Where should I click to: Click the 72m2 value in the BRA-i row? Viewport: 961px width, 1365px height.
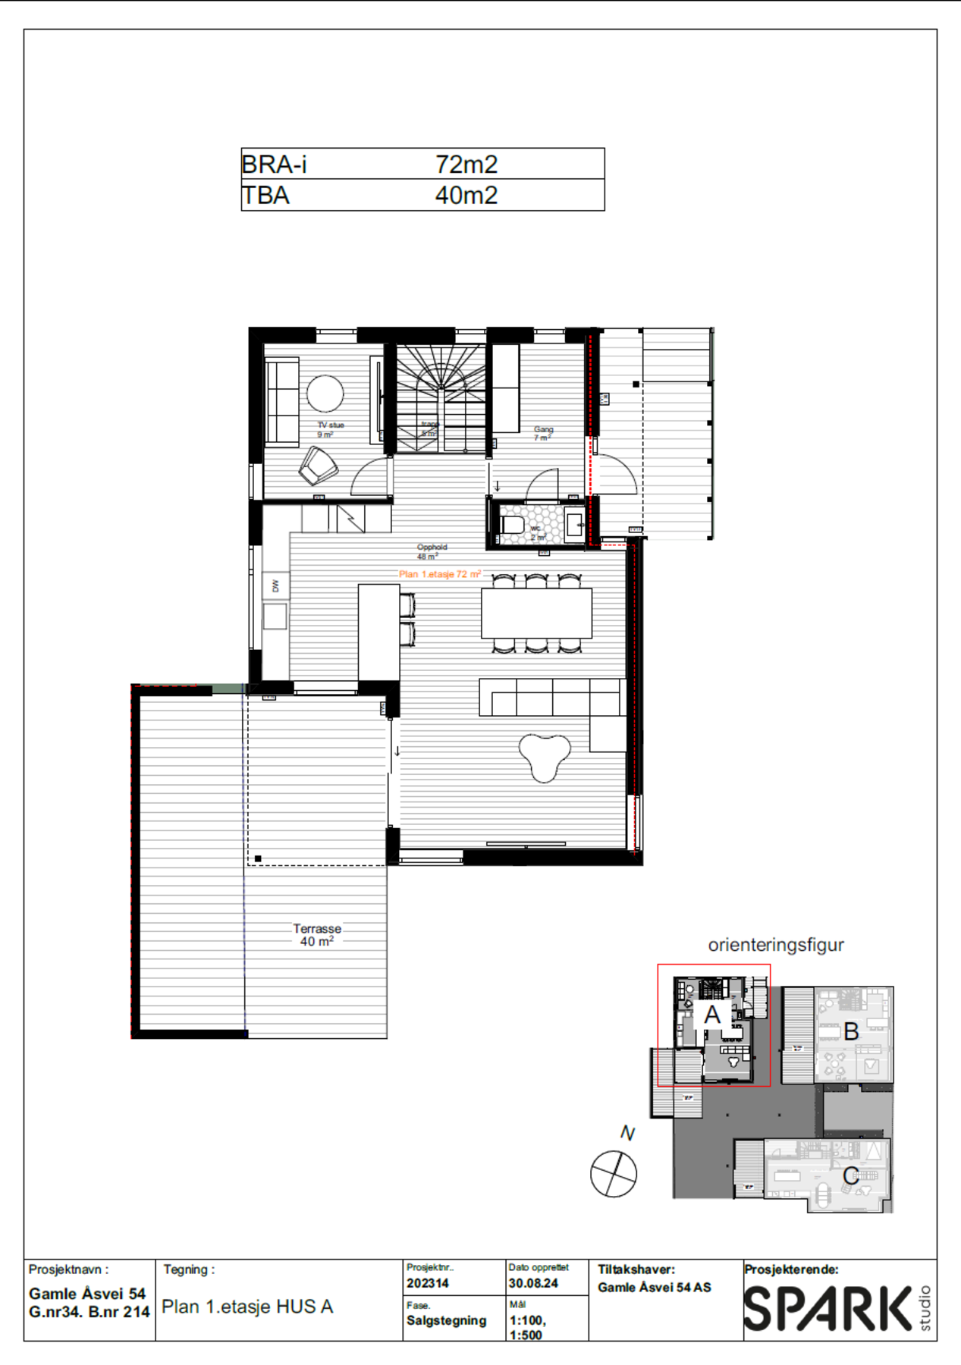(x=466, y=164)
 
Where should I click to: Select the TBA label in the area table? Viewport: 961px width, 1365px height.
(x=265, y=196)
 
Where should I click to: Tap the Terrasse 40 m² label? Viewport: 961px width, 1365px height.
(x=317, y=934)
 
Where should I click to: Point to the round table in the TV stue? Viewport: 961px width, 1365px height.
(x=325, y=394)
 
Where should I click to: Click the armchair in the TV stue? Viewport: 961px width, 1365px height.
(x=318, y=466)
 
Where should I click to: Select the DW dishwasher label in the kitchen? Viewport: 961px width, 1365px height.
(x=275, y=585)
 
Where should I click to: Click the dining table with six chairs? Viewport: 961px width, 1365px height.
(x=536, y=613)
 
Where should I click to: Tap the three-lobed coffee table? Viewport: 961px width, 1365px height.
(x=545, y=755)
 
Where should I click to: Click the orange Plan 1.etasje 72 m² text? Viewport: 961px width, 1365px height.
(x=440, y=574)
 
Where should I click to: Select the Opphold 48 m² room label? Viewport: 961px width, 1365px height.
(x=432, y=551)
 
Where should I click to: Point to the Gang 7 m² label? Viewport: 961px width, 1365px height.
(x=543, y=433)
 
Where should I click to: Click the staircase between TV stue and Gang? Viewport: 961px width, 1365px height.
(x=441, y=398)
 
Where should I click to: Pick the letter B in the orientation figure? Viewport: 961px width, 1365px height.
(x=851, y=1031)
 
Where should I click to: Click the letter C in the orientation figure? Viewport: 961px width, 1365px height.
(x=851, y=1175)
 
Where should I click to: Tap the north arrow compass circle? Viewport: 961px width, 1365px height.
(x=614, y=1173)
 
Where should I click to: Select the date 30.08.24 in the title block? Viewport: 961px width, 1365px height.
(x=533, y=1283)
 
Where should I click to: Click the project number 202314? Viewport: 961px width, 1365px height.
(x=428, y=1283)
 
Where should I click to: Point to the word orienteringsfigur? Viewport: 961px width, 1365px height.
(x=775, y=945)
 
